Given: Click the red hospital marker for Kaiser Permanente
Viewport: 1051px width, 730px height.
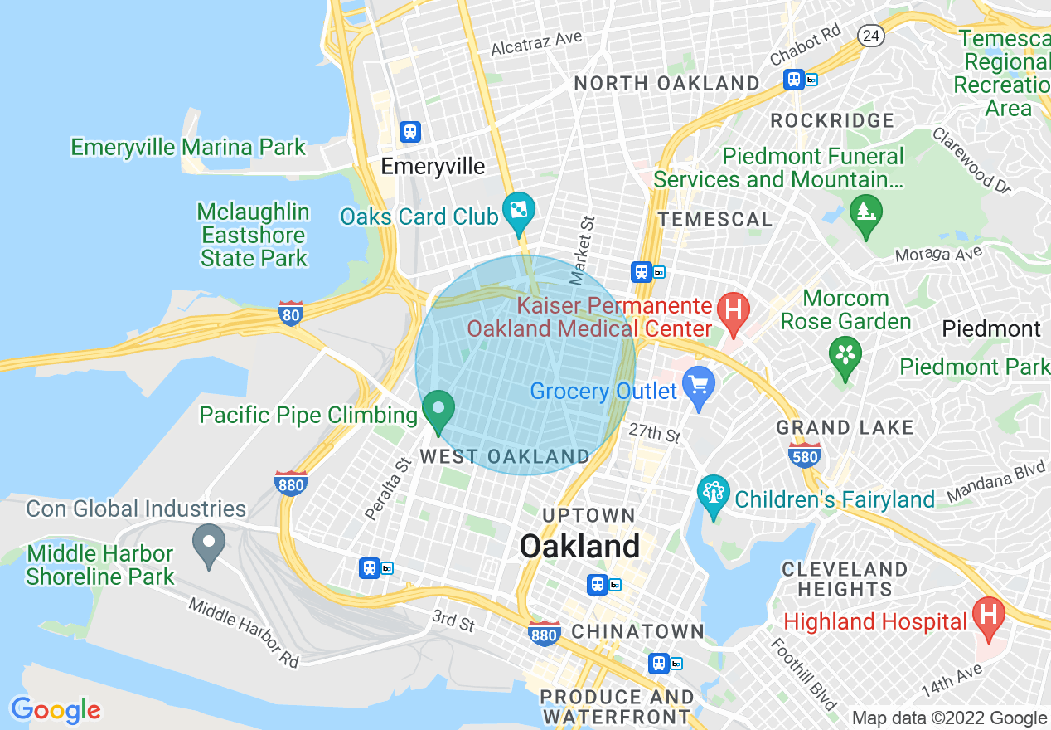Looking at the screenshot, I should (733, 311).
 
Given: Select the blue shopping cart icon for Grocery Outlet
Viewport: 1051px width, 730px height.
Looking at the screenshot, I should (698, 387).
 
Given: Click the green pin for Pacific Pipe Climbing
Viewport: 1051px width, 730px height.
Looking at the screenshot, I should (438, 409).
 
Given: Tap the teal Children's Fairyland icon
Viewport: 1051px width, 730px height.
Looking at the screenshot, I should (713, 494).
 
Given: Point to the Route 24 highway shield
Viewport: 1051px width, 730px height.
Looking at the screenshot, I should (870, 35).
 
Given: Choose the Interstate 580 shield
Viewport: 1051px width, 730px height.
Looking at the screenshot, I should (806, 455).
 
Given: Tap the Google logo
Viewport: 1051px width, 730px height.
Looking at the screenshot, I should (56, 710).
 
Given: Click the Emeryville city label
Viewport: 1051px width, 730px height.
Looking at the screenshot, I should (433, 167).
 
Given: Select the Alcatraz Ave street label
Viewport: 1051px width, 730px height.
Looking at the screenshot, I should (536, 43).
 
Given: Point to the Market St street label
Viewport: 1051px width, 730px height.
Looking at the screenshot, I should (583, 246).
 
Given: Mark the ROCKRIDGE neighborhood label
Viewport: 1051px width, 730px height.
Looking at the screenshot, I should (831, 121).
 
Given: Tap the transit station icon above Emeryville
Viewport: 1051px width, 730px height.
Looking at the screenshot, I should (409, 131).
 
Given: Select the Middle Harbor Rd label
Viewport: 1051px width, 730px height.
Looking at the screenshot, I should (243, 632).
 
